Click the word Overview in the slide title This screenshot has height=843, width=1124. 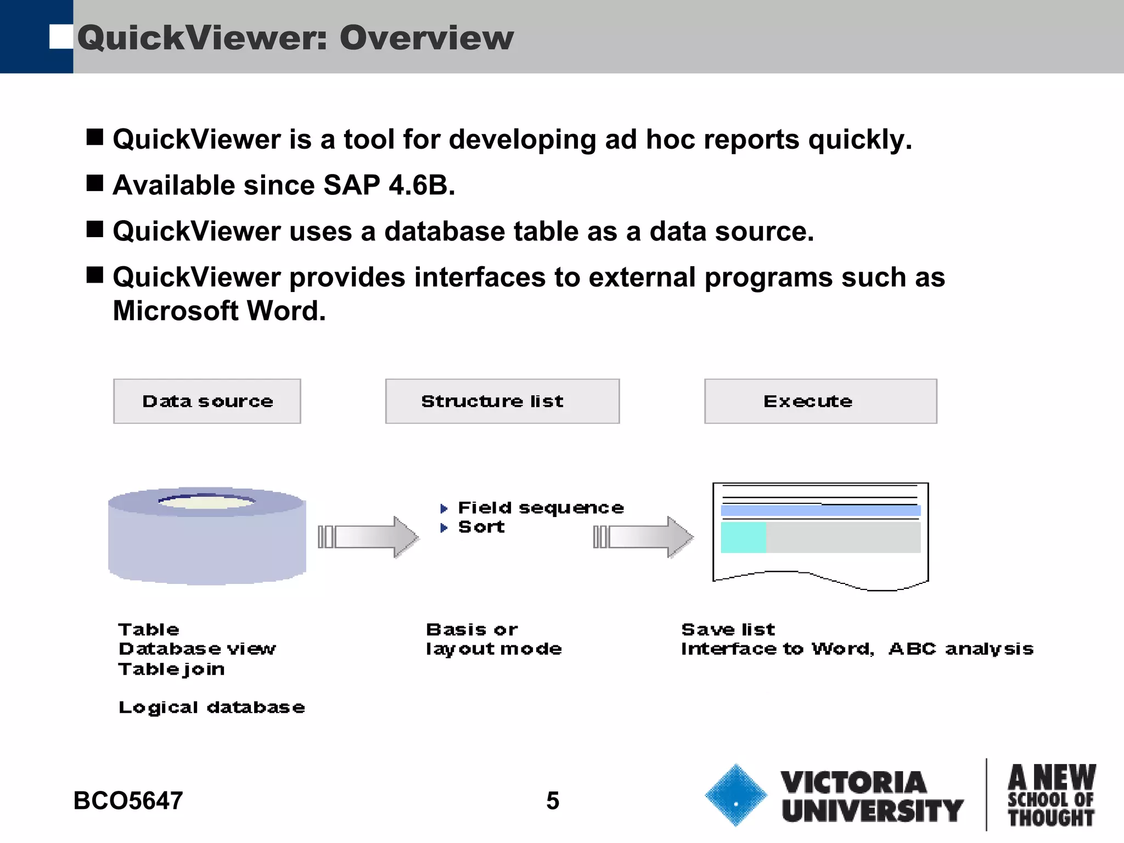(426, 38)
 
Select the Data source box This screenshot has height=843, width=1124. (207, 401)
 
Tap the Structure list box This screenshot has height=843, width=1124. (502, 401)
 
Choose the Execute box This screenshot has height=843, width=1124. (820, 401)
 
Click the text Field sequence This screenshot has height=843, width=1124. (541, 508)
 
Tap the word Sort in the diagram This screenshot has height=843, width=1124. (481, 527)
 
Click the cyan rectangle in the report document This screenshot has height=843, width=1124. (743, 537)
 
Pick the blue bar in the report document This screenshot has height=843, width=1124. (820, 511)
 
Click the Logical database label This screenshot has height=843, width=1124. (212, 707)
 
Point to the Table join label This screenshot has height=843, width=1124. (171, 669)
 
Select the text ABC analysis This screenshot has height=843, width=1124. (960, 649)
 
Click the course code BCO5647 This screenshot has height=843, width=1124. (128, 801)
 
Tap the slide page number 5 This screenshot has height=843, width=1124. (553, 801)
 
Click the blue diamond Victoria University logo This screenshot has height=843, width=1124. (735, 795)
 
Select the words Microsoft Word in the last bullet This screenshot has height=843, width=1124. (219, 311)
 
